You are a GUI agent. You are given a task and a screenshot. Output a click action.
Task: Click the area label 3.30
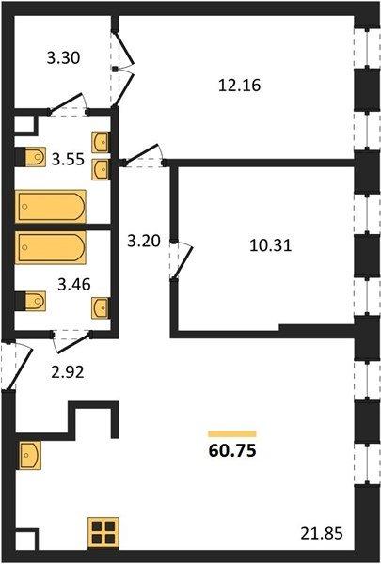63,58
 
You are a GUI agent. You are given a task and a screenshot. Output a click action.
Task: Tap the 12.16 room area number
240,86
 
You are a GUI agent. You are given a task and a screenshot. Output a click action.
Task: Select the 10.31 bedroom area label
271,245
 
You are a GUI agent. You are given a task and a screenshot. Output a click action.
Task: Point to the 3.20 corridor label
144,241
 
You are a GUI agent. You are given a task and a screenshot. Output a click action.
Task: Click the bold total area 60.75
232,450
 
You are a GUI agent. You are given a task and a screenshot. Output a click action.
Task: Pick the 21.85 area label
322,533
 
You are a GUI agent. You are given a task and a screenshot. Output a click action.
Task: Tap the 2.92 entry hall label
68,372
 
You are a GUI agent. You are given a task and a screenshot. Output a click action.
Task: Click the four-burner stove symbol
103,533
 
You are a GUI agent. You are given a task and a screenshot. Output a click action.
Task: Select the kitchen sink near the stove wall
29,455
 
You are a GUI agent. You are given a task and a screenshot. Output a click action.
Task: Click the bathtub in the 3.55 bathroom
51,207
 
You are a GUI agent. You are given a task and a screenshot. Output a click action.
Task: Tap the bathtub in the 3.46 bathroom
51,247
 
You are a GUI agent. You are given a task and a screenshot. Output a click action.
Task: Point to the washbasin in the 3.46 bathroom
101,308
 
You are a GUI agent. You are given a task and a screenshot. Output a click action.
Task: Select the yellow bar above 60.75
232,433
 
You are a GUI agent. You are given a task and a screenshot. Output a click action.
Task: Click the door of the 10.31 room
182,260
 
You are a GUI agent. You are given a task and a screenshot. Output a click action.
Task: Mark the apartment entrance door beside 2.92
18,367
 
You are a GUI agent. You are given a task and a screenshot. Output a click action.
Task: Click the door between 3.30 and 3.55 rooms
68,103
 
